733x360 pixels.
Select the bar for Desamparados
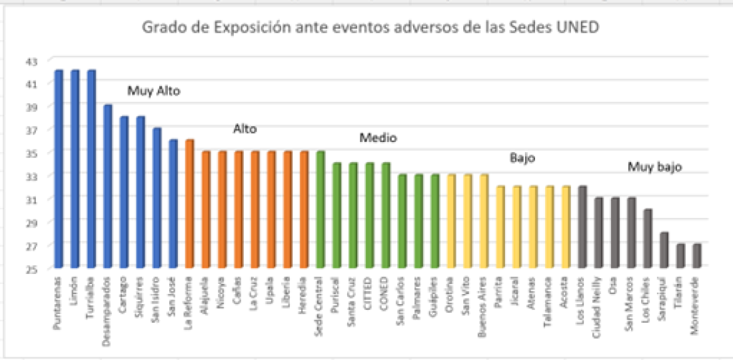click(x=108, y=186)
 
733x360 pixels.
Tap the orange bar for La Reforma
click(x=189, y=203)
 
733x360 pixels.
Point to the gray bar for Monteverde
click(x=696, y=256)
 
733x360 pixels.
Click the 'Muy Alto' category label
click(x=154, y=91)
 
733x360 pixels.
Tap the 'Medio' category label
click(x=378, y=138)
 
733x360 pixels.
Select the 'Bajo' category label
click(x=522, y=158)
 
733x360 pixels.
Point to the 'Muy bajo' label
click(x=655, y=167)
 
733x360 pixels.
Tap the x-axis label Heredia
click(x=304, y=290)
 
